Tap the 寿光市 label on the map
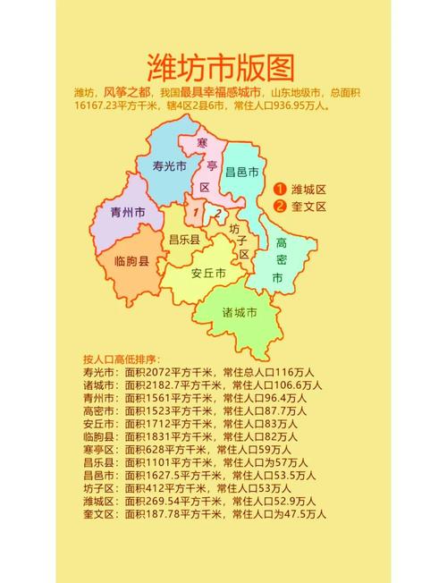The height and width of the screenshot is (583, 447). pos(169,166)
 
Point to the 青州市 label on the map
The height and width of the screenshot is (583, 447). pos(127,213)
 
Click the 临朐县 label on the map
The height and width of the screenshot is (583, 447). pos(131,261)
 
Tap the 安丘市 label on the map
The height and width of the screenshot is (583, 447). pos(208,273)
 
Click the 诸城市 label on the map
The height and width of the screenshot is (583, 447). pos(240,313)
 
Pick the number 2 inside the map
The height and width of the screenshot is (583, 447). pos(217,213)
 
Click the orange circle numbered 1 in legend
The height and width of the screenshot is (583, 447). pos(280,189)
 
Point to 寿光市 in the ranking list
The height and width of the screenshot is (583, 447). pos(99,372)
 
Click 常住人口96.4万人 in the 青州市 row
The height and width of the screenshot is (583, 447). pos(265,397)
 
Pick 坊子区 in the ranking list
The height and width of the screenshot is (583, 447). pos(99,488)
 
